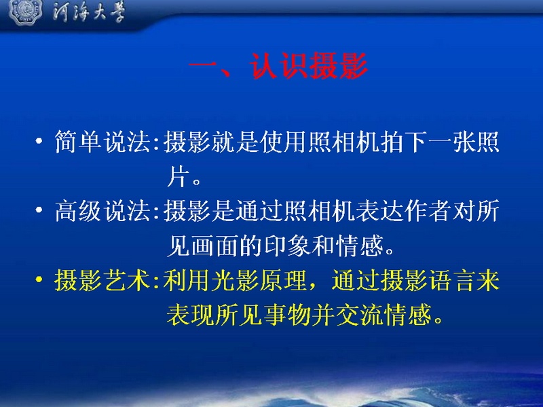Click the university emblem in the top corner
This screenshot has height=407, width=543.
[25, 12]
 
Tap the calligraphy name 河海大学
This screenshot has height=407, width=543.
[89, 12]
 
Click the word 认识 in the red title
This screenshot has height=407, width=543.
[279, 66]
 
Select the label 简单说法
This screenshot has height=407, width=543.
[103, 142]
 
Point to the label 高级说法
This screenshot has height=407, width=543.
[103, 211]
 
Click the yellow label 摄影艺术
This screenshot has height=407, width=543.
[103, 280]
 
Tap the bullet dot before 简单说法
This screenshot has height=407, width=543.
[39, 141]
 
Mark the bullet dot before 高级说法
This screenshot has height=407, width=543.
[39, 210]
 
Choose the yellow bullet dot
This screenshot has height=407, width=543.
[39, 279]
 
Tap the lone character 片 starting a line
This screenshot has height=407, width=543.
[179, 177]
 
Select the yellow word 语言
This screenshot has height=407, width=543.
[452, 280]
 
